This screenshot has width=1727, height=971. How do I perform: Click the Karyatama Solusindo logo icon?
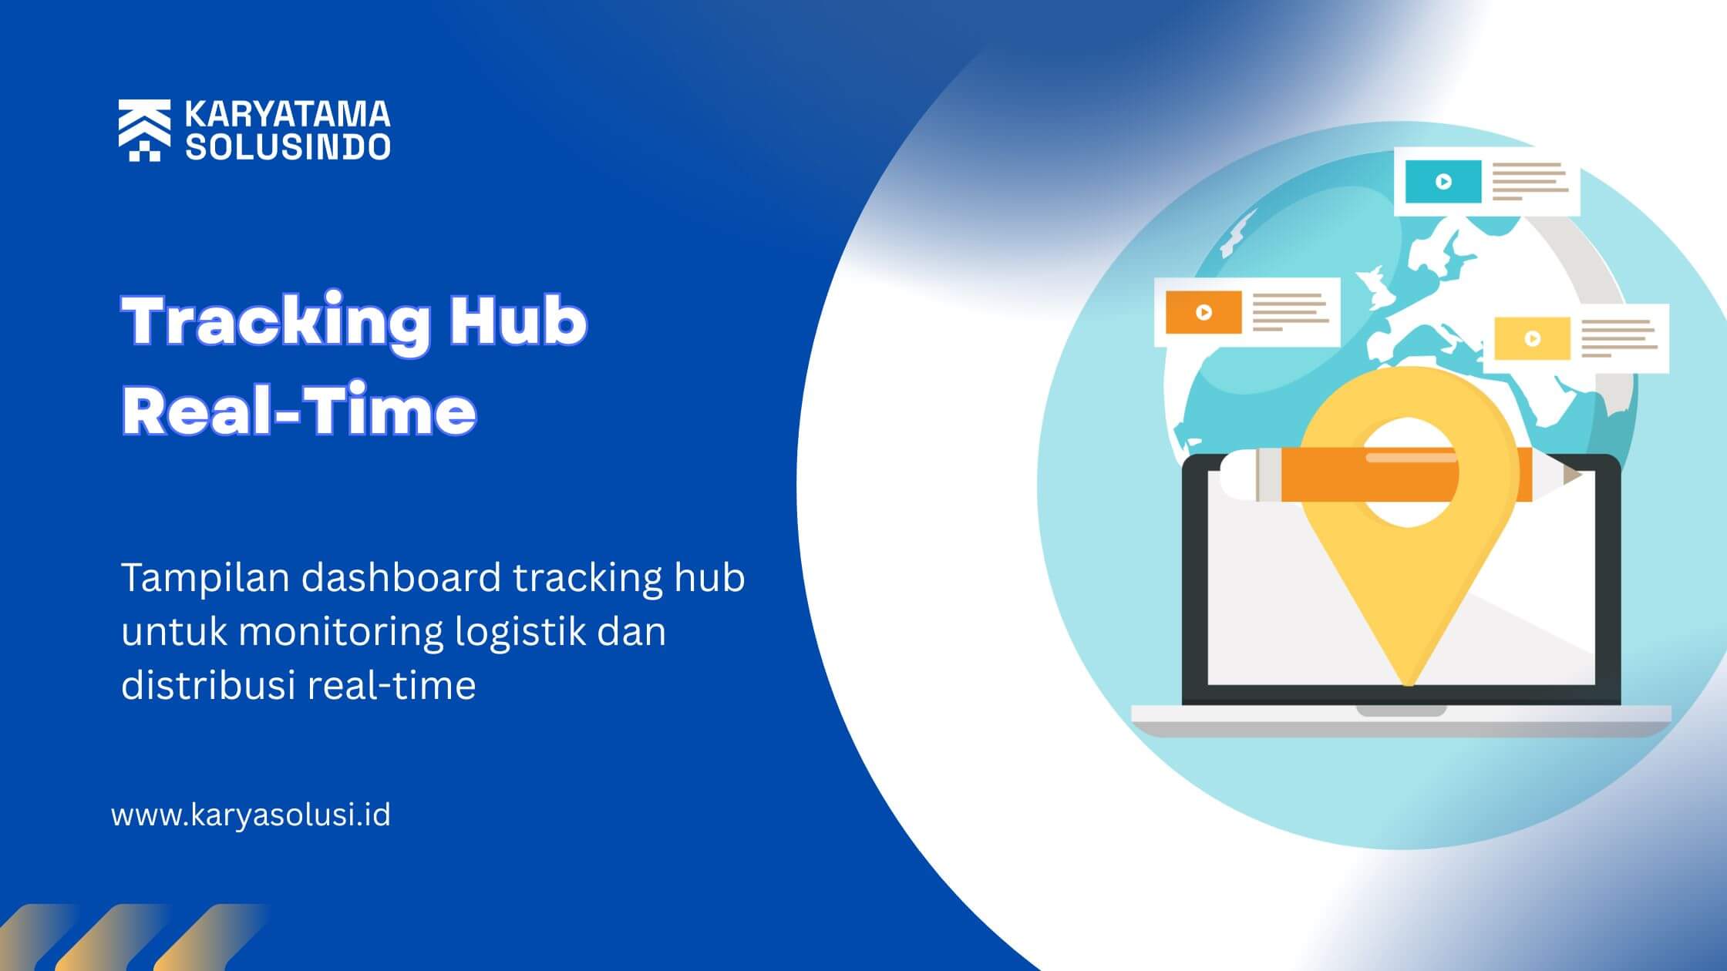pyautogui.click(x=144, y=130)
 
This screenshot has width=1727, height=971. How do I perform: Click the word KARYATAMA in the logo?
pyautogui.click(x=288, y=115)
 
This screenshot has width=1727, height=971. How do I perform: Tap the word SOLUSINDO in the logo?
pyautogui.click(x=288, y=146)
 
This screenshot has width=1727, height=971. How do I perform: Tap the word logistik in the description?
pyautogui.click(x=520, y=632)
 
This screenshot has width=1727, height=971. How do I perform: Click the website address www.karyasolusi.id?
pyautogui.click(x=251, y=815)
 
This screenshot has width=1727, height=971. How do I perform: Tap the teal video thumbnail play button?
pyautogui.click(x=1443, y=182)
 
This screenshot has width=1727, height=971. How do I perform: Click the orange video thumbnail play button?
pyautogui.click(x=1204, y=312)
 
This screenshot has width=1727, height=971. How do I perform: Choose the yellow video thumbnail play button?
pyautogui.click(x=1533, y=339)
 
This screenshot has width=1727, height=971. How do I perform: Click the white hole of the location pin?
pyautogui.click(x=1409, y=472)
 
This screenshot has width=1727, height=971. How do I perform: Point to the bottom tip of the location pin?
pyautogui.click(x=1408, y=684)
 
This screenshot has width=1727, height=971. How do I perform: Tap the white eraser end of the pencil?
pyautogui.click(x=1238, y=475)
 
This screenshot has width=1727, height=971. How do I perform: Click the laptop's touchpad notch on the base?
pyautogui.click(x=1401, y=711)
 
